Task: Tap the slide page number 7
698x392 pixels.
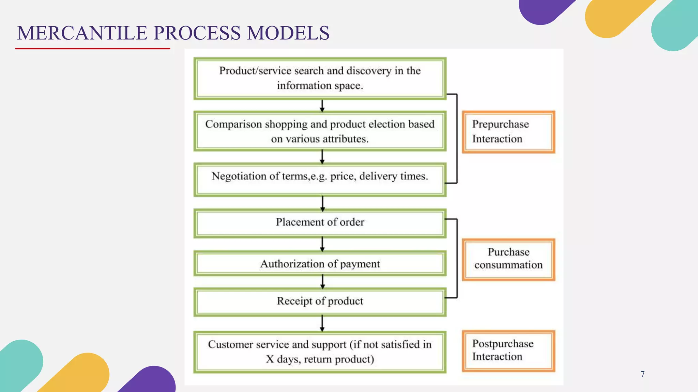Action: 642,374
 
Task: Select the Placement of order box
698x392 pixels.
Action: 320,223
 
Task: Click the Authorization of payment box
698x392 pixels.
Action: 320,264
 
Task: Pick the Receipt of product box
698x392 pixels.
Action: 320,301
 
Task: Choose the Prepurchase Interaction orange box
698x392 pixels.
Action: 508,132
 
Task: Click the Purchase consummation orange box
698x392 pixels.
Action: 508,259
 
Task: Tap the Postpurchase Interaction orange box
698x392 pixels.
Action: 508,350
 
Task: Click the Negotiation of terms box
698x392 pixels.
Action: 320,180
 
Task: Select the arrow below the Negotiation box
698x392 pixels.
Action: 322,203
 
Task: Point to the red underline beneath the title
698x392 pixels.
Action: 93,49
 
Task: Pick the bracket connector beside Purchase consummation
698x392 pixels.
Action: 457,259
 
